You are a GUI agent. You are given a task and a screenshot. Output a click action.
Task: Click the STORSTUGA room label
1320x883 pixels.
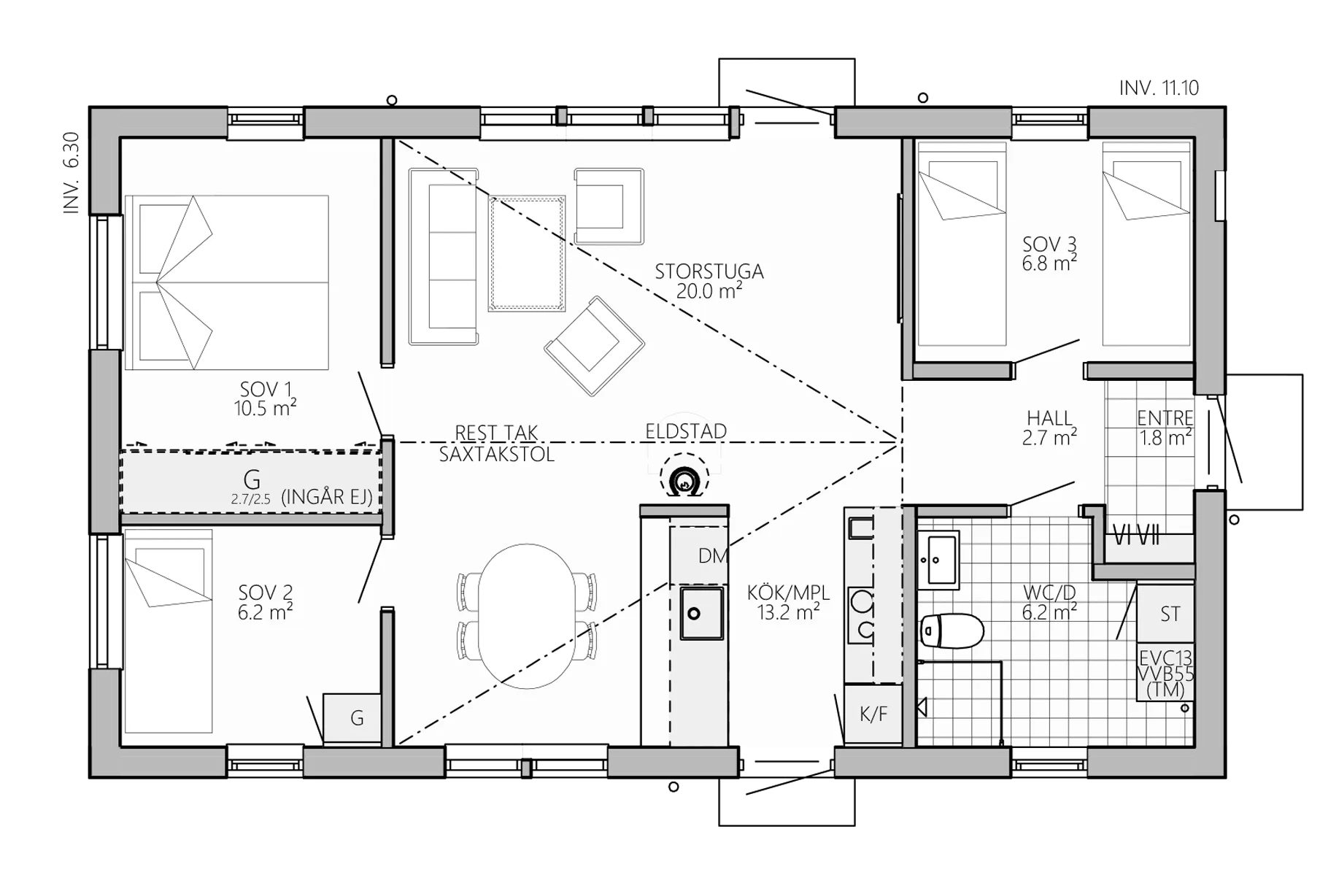pos(709,271)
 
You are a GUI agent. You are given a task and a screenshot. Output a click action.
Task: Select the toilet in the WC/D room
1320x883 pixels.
pos(952,631)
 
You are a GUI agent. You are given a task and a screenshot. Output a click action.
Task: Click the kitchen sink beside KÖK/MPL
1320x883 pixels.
pos(701,613)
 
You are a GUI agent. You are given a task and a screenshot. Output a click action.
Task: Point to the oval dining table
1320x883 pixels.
pos(527,617)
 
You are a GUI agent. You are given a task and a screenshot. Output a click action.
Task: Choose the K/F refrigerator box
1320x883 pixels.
pos(873,714)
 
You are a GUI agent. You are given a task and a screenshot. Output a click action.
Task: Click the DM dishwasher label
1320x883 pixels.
pos(713,556)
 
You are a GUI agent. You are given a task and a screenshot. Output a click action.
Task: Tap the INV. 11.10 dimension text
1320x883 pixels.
pos(1159,88)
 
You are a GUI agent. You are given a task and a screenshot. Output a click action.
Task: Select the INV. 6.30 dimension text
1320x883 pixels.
pos(72,173)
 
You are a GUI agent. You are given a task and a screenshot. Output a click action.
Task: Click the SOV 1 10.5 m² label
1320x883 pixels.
pos(266,398)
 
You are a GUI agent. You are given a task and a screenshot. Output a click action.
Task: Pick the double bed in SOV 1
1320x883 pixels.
pos(226,282)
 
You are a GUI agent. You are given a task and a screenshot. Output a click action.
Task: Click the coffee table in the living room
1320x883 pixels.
pos(527,253)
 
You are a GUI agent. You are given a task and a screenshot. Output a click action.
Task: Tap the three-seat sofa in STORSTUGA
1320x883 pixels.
pos(444,256)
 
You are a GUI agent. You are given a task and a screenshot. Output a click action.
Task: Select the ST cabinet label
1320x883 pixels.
pos(1170,614)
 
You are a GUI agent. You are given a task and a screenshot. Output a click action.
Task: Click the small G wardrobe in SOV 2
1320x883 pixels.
pos(352,719)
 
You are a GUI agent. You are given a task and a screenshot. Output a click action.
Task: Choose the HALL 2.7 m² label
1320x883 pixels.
pos(1050,428)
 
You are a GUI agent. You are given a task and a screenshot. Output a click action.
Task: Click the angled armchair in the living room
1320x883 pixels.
pos(594,346)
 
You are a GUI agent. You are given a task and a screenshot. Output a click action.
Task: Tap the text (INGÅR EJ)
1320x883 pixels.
pos(327,497)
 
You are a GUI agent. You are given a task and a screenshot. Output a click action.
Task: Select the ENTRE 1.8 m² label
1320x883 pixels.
pos(1165,428)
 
